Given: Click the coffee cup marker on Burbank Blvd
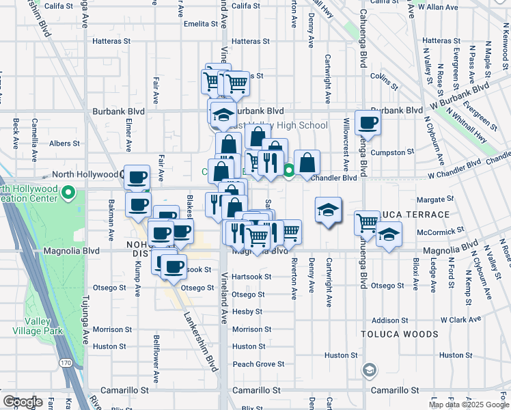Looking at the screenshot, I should (368, 124).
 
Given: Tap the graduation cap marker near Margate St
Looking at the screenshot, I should (328, 210).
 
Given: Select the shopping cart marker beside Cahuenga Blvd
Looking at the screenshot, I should (368, 223).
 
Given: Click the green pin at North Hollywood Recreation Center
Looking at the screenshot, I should (68, 194).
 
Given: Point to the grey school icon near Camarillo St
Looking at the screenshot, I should (369, 370).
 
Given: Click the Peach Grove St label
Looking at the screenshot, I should (258, 364).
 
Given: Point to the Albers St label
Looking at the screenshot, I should (65, 143).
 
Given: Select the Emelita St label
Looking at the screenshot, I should (199, 24).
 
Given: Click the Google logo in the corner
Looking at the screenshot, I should (23, 402).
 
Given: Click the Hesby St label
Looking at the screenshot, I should (247, 312).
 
